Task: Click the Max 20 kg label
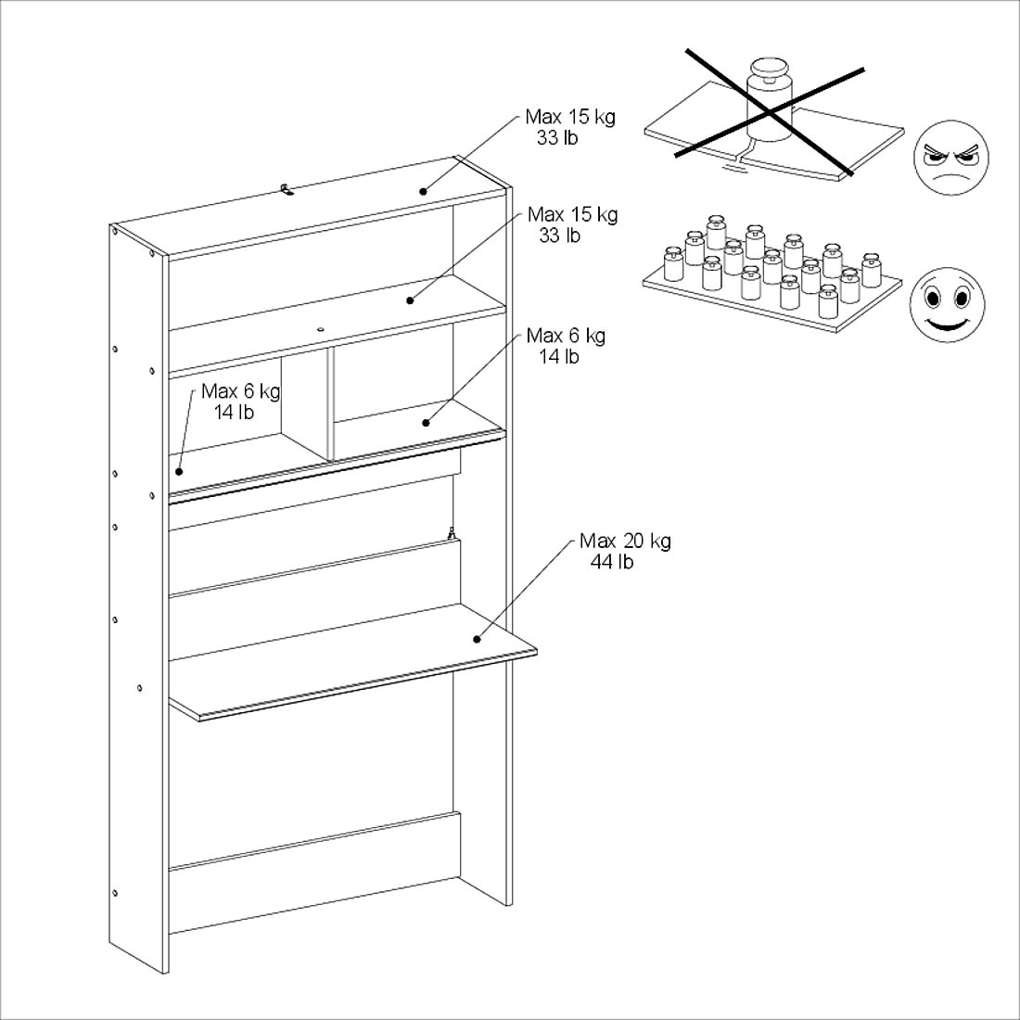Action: (625, 541)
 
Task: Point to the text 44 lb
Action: (612, 562)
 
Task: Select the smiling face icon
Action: (947, 304)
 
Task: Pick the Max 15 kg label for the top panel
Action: (569, 118)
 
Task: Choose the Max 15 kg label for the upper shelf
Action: (572, 215)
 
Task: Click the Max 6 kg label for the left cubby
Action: (240, 391)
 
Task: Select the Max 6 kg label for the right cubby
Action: (566, 336)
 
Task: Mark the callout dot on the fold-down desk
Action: (478, 638)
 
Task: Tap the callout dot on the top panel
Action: (423, 191)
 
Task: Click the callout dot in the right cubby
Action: (426, 423)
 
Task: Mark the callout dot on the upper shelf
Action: (409, 300)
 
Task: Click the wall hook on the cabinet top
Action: (287, 190)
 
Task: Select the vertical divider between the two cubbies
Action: (330, 404)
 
